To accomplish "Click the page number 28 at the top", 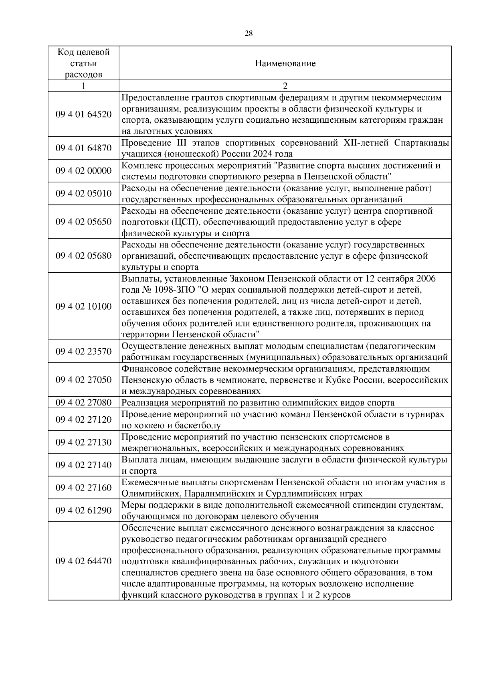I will point(249,33).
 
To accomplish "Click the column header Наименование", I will point(285,63).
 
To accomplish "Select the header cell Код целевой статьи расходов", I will point(83,63).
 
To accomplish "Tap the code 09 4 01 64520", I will point(83,114).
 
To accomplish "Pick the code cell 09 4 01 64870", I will point(83,148).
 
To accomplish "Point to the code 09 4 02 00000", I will point(83,171).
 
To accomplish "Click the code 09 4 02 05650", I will point(83,222).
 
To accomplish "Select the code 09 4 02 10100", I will point(83,306).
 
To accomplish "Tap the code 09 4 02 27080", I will point(83,403).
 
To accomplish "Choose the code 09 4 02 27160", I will point(83,488).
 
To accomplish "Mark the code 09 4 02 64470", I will point(83,561).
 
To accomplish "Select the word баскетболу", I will point(199,426).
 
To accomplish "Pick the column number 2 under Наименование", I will point(285,86).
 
